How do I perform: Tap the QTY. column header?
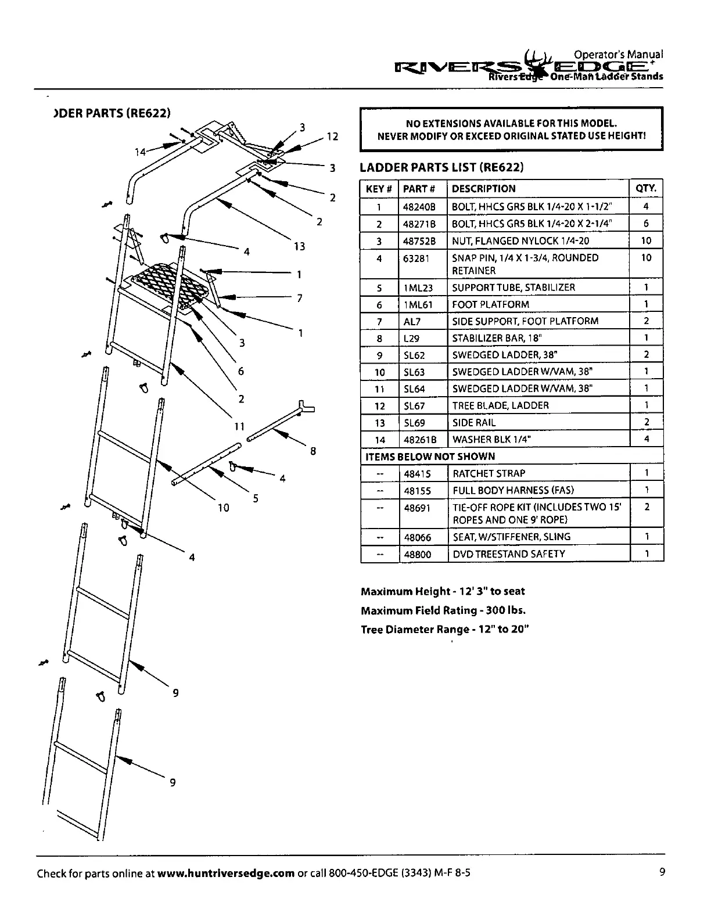click(646, 188)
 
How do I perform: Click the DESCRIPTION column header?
click(483, 189)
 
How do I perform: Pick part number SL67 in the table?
click(414, 405)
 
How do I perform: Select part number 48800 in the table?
click(418, 554)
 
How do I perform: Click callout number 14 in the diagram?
click(140, 152)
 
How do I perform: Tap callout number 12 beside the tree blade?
click(332, 137)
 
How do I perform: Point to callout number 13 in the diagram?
click(299, 246)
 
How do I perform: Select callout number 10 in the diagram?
click(224, 508)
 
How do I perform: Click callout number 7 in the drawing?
click(300, 298)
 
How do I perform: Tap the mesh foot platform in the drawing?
click(168, 285)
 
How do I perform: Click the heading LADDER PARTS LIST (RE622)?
click(441, 168)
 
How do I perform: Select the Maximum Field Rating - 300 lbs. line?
click(443, 610)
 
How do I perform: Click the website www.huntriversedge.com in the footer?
click(226, 874)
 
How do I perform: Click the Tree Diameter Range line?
click(445, 630)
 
